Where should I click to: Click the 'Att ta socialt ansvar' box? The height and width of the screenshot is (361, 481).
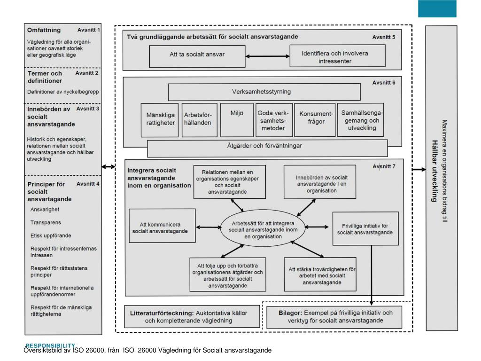click(x=197, y=56)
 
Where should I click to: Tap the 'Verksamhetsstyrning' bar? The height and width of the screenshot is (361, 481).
click(x=264, y=92)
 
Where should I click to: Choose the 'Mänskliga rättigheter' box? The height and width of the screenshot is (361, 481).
click(x=160, y=120)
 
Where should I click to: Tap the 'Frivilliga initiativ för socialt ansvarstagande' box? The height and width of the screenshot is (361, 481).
click(x=365, y=228)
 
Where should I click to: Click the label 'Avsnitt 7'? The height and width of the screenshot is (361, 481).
click(x=384, y=166)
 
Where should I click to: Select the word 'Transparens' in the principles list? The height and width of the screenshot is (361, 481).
click(x=46, y=222)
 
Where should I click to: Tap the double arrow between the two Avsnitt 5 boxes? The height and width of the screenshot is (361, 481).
click(x=267, y=57)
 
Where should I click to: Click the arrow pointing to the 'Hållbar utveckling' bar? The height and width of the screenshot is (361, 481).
click(x=419, y=169)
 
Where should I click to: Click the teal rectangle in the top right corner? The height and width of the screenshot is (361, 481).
click(x=437, y=8)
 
